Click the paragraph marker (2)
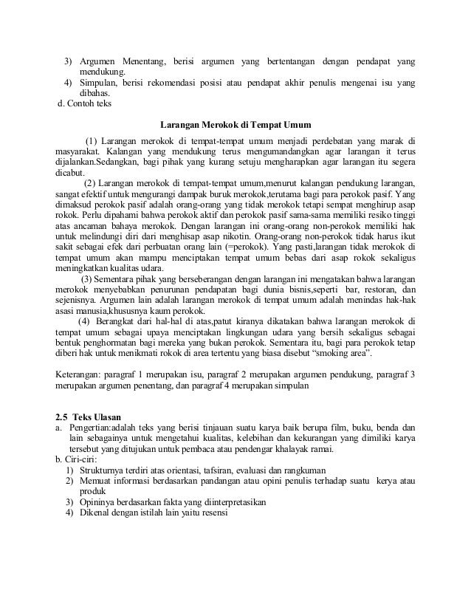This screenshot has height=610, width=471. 94,183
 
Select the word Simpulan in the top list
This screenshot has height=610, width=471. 100,81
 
